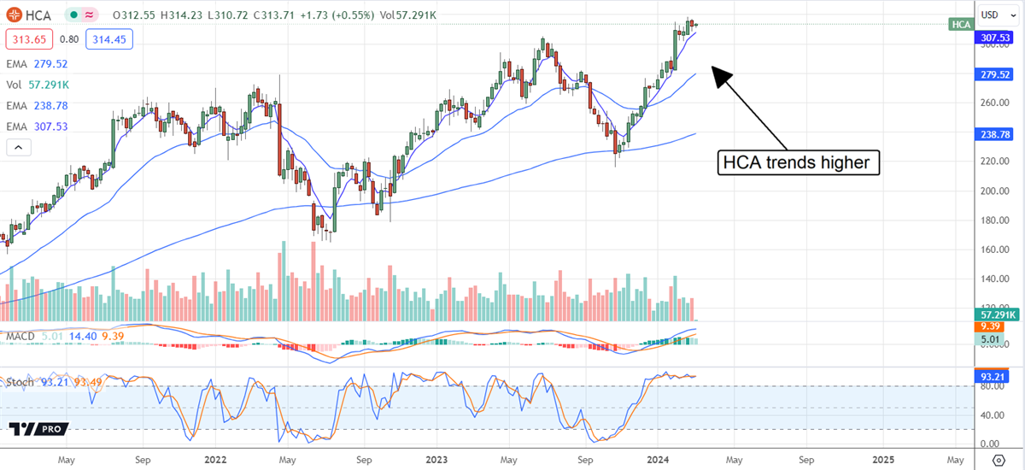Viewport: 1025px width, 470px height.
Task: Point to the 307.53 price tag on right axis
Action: [996, 38]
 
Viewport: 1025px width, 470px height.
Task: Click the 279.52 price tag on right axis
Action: [996, 74]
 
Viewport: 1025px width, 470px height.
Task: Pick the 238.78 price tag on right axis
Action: [996, 133]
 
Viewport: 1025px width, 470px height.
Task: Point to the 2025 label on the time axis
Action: [883, 458]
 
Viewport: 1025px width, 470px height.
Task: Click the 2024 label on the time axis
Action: [659, 458]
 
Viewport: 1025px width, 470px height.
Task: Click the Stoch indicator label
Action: [20, 382]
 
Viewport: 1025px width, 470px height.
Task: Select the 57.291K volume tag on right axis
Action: [996, 315]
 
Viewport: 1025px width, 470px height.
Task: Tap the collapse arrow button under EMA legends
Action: [17, 147]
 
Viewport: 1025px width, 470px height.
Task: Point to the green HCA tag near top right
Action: [961, 24]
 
